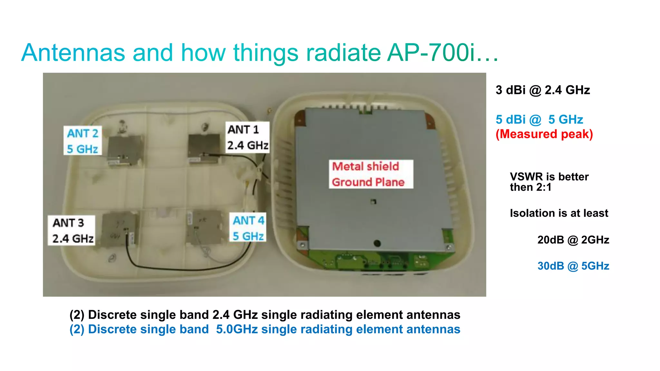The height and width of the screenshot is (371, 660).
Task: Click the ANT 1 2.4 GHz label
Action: coord(247,137)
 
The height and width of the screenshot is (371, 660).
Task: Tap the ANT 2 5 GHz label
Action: coord(82,141)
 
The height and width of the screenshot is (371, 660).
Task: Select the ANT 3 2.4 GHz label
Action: coord(72,230)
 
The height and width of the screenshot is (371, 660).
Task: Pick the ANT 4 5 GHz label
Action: coord(248,228)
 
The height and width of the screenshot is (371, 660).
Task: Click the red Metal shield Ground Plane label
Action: coord(371,174)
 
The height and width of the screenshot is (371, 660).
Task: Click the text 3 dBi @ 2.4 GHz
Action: coord(543,90)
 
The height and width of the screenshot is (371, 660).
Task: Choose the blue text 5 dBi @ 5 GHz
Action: coord(539,120)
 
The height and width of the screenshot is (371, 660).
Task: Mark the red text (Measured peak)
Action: coord(544,134)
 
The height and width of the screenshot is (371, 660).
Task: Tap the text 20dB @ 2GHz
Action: coord(573,240)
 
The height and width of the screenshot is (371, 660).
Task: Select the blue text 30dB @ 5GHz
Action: coord(573,266)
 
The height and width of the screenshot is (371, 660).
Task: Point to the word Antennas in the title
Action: coord(73,53)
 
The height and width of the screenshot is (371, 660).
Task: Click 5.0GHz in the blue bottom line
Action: coord(237,329)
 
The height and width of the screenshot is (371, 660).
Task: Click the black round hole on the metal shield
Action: coord(377,243)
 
